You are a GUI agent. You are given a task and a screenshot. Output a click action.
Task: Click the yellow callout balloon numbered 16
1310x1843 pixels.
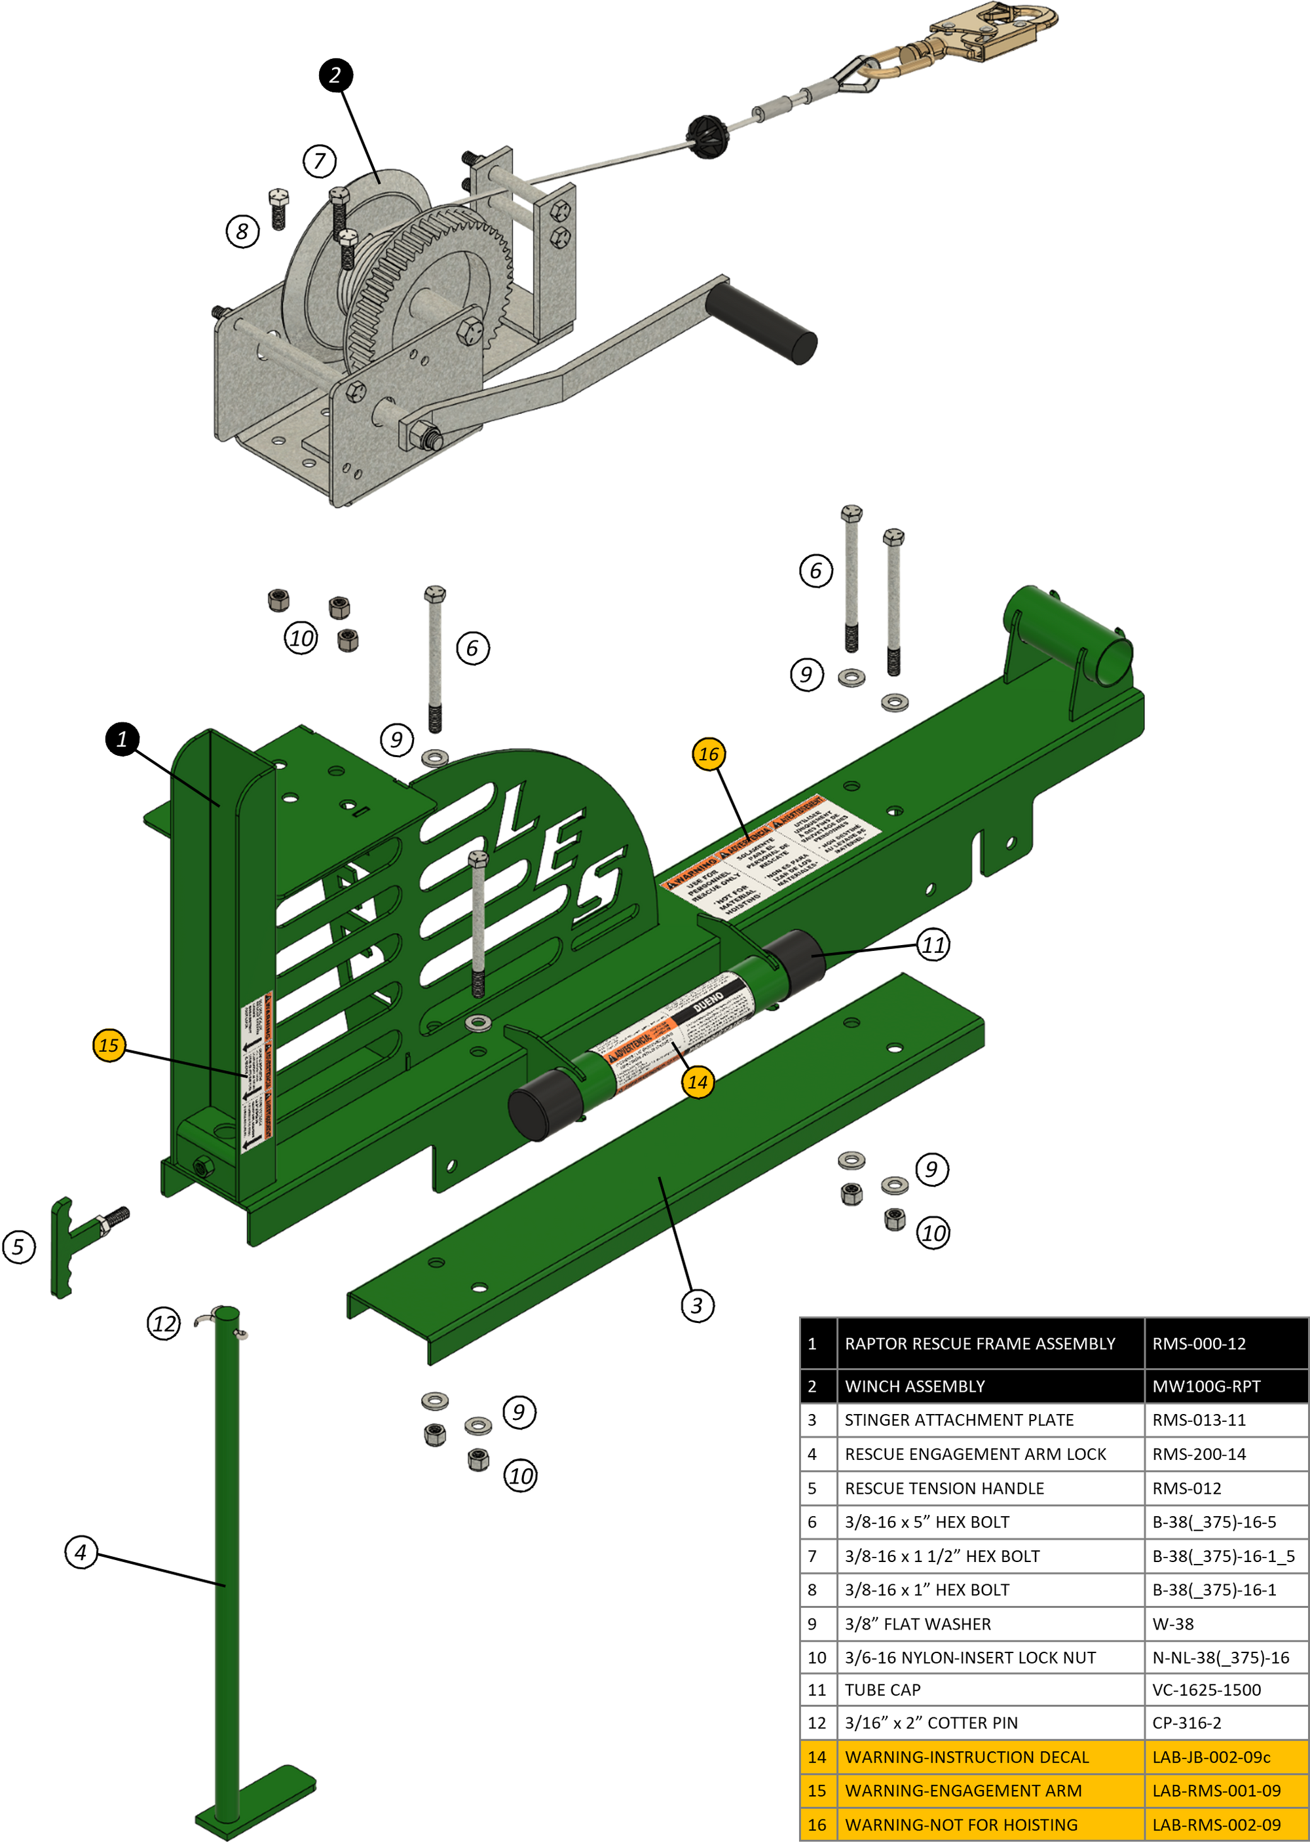[707, 754]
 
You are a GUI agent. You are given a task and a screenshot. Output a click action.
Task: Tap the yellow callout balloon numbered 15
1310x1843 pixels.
[108, 1045]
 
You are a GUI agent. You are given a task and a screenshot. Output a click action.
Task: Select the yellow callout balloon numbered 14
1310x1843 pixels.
[697, 1081]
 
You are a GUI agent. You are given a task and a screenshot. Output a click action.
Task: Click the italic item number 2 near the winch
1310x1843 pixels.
[335, 75]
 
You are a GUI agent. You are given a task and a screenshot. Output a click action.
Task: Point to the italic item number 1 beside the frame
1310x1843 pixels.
[122, 739]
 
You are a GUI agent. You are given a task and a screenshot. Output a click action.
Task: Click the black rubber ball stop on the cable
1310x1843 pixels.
[708, 136]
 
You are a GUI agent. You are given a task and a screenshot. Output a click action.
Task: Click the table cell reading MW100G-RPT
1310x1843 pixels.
[1205, 1387]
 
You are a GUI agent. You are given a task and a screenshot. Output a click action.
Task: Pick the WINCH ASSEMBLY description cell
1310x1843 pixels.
[915, 1387]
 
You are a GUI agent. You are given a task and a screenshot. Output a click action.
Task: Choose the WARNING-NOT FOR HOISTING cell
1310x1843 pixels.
[961, 1825]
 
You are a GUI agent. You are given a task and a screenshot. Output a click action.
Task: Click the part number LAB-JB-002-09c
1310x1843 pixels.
[1211, 1757]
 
